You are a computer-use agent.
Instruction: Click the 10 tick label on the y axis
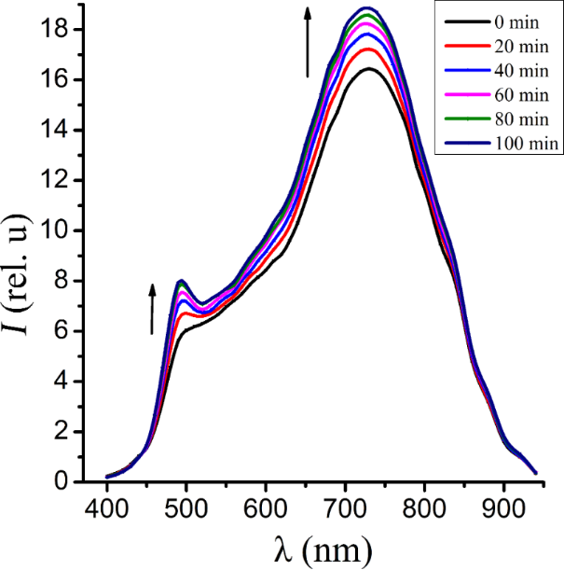point(61,231)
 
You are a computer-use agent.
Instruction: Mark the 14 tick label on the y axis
point(61,131)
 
